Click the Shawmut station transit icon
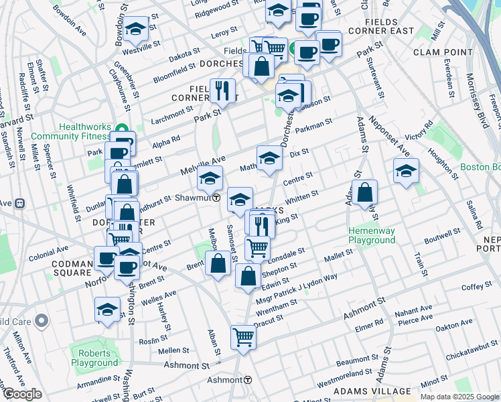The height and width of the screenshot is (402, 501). [217, 198]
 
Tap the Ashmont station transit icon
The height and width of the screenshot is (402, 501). [248, 380]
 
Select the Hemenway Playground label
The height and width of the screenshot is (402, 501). [371, 235]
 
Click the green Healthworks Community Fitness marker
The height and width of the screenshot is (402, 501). [121, 129]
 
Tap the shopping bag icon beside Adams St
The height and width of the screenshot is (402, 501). [364, 193]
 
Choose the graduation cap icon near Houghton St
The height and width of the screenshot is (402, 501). [406, 172]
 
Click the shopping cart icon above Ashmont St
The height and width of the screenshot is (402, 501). [243, 337]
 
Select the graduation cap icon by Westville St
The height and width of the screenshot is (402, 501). [136, 29]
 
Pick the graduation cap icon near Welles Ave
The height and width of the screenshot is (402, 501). [107, 310]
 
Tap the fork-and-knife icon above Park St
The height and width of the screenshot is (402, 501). [222, 90]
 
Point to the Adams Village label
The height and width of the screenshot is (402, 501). [372, 391]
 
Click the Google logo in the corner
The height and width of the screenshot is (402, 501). [21, 394]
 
